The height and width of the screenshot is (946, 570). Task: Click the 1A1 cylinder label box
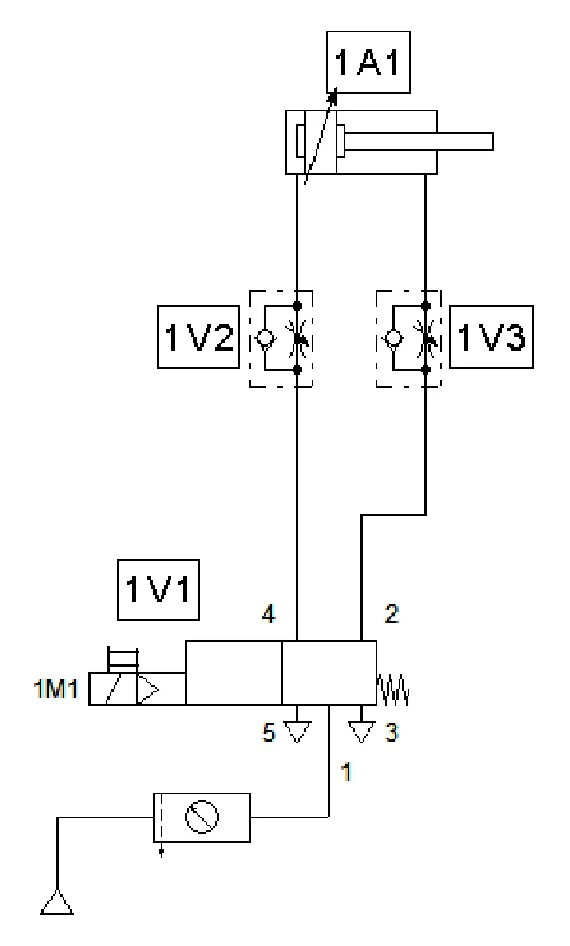[369, 62]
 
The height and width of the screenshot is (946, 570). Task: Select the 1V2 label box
[198, 337]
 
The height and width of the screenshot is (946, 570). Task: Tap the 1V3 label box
[492, 337]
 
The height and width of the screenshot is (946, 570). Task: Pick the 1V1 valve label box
[158, 589]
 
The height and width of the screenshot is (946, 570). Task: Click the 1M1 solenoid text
[56, 689]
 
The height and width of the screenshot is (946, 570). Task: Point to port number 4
[269, 613]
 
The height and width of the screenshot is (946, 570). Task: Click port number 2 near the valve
[391, 613]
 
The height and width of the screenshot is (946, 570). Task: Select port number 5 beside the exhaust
[269, 732]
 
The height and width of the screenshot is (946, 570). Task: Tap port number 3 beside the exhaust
[391, 732]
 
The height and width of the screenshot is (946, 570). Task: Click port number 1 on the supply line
[347, 772]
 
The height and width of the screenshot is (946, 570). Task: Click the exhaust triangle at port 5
[297, 731]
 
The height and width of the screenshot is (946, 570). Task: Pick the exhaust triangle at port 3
[361, 731]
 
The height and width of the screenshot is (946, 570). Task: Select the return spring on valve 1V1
[393, 689]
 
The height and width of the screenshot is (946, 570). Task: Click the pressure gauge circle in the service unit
[202, 817]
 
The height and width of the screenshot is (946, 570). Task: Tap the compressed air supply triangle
[56, 902]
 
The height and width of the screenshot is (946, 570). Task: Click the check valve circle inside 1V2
[265, 338]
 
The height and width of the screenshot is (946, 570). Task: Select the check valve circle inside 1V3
[393, 338]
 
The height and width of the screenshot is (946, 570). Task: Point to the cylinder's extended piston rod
[419, 142]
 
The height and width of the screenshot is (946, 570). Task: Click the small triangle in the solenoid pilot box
[148, 690]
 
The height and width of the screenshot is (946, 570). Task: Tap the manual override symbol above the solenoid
[123, 659]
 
